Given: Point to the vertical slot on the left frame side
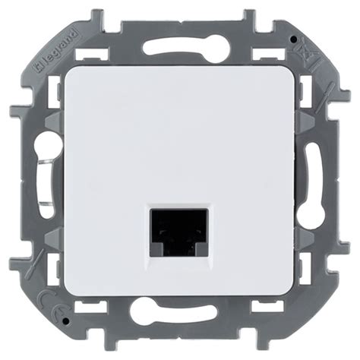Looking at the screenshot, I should coord(46,180).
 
